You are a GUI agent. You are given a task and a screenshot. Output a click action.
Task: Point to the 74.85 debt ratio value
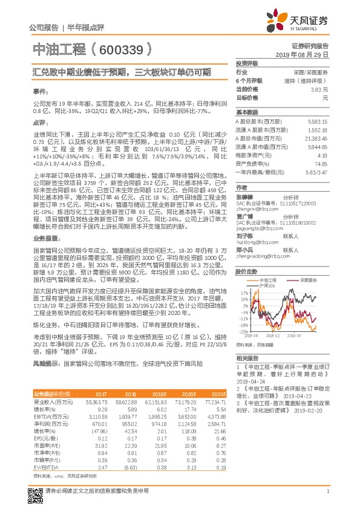pos(320,164)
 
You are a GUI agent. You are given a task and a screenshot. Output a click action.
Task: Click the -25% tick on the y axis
pos(243,332)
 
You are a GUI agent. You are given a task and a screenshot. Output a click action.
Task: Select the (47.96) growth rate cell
pos(99,432)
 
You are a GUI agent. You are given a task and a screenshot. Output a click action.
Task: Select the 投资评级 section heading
pos(247,63)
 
